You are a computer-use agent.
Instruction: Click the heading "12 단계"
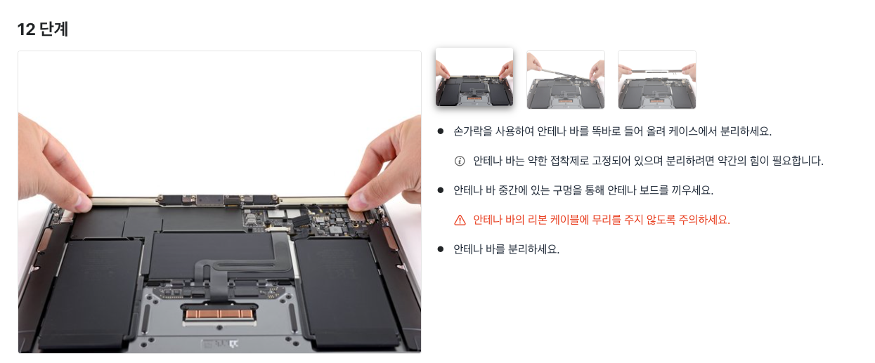(43, 29)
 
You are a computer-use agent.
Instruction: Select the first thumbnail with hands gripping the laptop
(474, 77)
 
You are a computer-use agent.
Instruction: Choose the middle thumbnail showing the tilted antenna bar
(566, 79)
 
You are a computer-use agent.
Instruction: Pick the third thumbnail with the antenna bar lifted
(657, 79)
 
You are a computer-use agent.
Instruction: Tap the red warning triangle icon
(460, 220)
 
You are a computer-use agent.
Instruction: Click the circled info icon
(460, 161)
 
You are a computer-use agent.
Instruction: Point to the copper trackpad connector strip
(219, 314)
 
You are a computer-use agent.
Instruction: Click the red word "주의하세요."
(704, 220)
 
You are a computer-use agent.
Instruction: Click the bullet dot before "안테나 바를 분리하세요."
(441, 249)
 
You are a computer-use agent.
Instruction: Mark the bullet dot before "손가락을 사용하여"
(441, 131)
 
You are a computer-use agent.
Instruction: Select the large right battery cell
(348, 293)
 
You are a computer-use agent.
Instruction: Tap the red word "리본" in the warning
(537, 220)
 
